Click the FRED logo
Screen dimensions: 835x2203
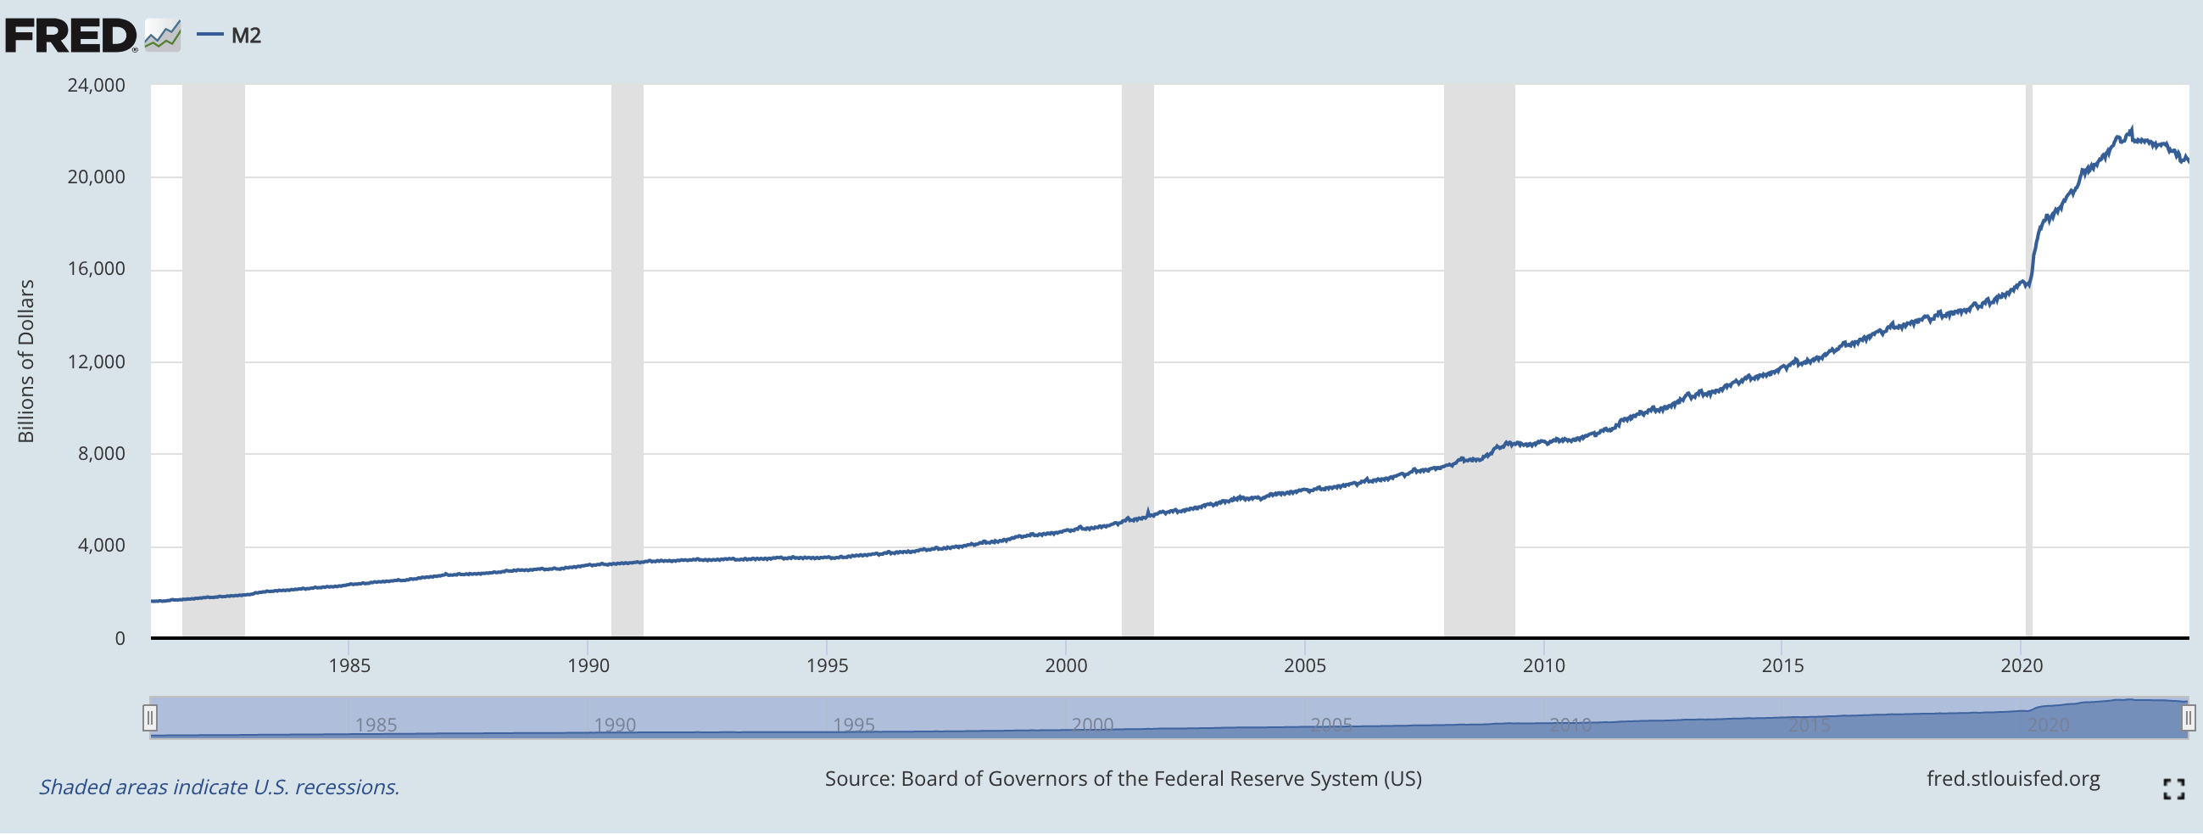click(x=71, y=36)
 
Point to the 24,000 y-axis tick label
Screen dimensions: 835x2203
click(x=96, y=86)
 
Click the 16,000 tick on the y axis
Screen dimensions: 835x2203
click(x=96, y=270)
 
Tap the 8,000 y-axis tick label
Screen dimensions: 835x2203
click(x=101, y=454)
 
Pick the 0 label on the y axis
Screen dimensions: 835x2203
click(x=120, y=638)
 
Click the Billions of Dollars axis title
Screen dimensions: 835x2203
click(x=26, y=361)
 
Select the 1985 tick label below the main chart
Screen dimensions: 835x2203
click(x=349, y=665)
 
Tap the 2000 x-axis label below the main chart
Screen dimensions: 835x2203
click(x=1066, y=665)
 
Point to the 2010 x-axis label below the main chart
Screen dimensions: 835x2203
click(x=1543, y=665)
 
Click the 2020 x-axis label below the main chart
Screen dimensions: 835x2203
click(x=2021, y=665)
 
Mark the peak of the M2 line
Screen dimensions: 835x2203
click(x=2131, y=129)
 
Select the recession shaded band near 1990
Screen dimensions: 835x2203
click(x=627, y=342)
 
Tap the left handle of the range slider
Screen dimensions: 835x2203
click(x=149, y=717)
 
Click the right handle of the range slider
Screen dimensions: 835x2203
click(x=2188, y=717)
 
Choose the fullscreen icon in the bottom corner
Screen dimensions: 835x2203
click(x=2173, y=789)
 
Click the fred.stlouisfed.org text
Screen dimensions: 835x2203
click(x=2012, y=779)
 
